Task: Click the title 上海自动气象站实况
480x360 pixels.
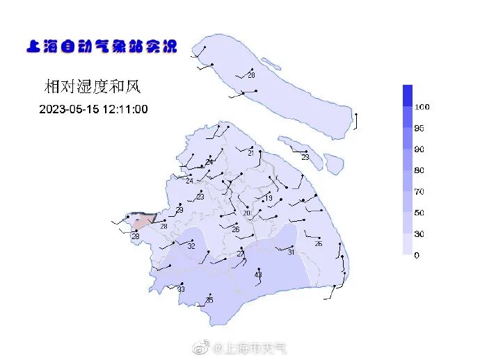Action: (x=102, y=47)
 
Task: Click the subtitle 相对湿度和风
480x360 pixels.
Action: (x=93, y=87)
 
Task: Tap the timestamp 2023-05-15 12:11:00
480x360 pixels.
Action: (x=93, y=109)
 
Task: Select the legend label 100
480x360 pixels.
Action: (x=422, y=107)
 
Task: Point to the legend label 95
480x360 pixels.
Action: (x=419, y=129)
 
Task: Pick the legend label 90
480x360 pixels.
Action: (x=419, y=149)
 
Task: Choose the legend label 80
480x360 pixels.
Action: (x=419, y=170)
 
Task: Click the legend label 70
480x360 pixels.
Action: (x=419, y=191)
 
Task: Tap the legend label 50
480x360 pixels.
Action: (x=419, y=213)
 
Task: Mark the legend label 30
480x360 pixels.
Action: (x=419, y=234)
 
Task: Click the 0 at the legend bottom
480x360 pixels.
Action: (x=417, y=255)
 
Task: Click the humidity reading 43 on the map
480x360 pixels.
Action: (x=258, y=275)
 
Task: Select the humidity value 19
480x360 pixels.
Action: (x=269, y=199)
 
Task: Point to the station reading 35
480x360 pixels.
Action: (x=209, y=300)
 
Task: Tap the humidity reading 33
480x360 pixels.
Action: (x=181, y=289)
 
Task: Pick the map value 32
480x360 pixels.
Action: (x=191, y=246)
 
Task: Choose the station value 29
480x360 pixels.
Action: (x=179, y=210)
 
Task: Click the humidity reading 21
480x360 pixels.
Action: (x=251, y=154)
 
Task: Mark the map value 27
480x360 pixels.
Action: (x=241, y=254)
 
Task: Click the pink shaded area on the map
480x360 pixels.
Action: (x=143, y=222)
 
